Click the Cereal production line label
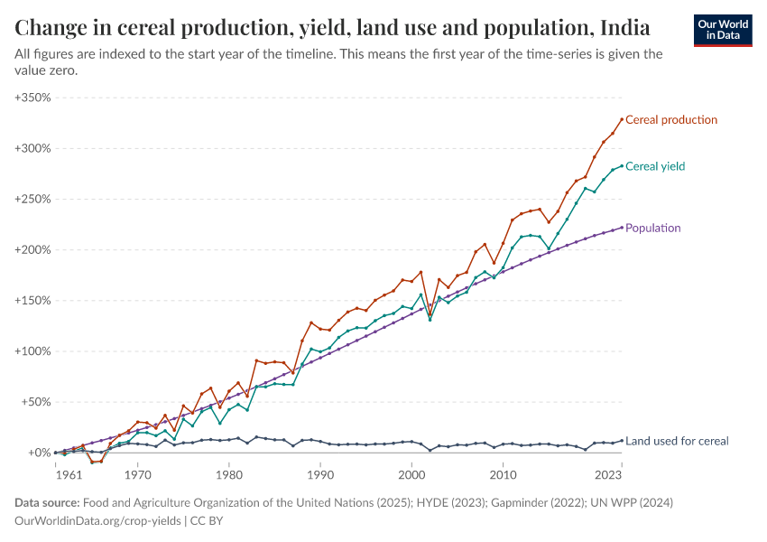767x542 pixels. [x=671, y=119]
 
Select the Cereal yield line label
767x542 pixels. [x=655, y=166]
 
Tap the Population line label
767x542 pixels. [x=652, y=229]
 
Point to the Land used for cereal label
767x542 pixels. [x=677, y=441]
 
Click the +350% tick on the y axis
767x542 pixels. [x=32, y=97]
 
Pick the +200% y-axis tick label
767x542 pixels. [x=32, y=249]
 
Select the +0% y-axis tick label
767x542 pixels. [x=37, y=453]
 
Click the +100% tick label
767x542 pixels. [x=32, y=351]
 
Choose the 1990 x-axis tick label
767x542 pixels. [x=320, y=473]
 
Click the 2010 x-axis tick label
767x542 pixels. [x=504, y=473]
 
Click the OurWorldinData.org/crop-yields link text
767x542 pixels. [x=95, y=521]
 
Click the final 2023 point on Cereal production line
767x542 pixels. [x=622, y=118]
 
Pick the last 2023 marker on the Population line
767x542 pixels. [x=622, y=227]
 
